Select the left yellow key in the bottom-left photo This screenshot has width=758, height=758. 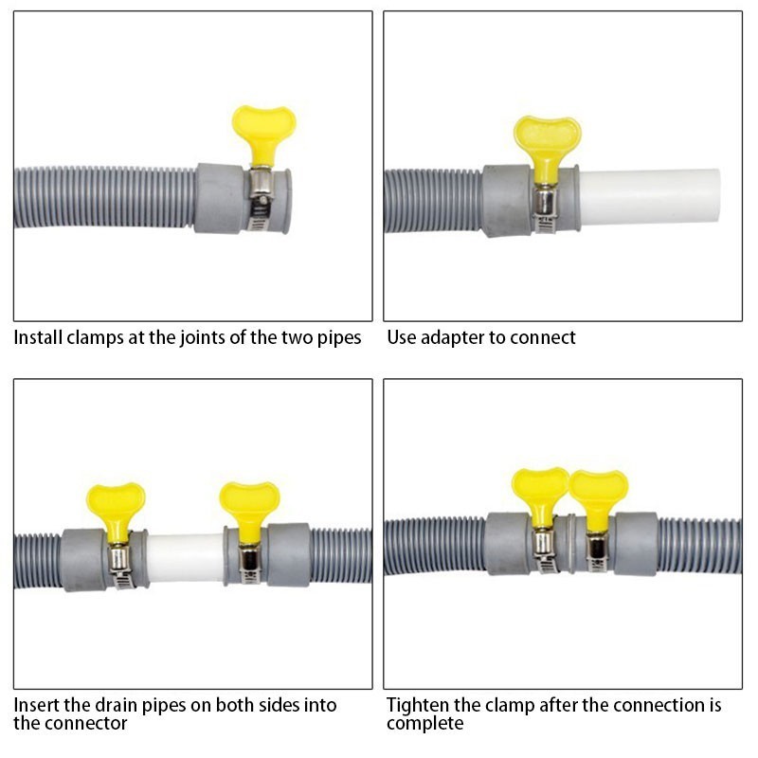(x=116, y=504)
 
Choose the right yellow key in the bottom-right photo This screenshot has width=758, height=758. (x=598, y=491)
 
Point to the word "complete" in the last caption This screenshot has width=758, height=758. (x=424, y=724)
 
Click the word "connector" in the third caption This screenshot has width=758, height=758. (x=84, y=724)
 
